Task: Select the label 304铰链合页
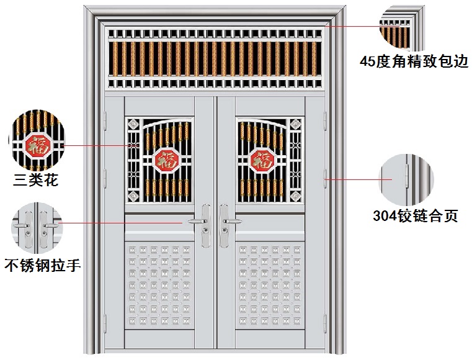tap(415, 217)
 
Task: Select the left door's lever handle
tap(199, 221)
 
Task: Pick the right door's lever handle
tap(229, 221)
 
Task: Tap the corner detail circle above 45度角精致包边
tap(403, 27)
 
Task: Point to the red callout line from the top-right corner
tap(351, 26)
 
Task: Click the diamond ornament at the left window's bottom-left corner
tap(133, 197)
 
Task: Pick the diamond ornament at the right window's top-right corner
tap(295, 125)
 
